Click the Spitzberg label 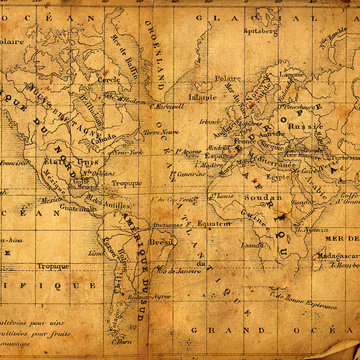point(258,32)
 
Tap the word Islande point(202,98)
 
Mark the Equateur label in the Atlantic point(214,222)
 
